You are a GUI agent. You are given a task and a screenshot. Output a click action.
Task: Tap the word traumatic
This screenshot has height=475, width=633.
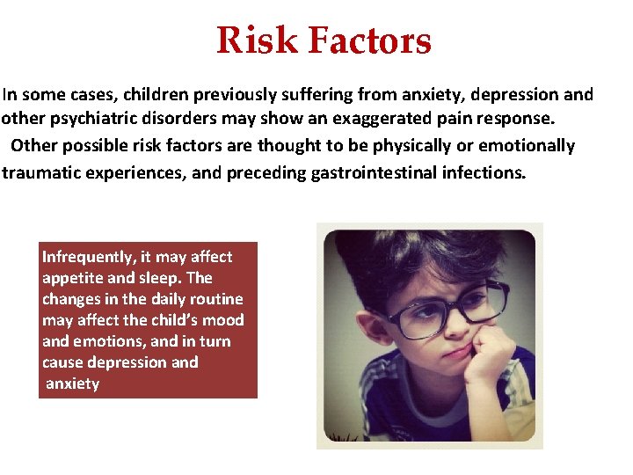[45, 172]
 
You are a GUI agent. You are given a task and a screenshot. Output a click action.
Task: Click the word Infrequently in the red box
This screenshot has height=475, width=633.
[89, 257]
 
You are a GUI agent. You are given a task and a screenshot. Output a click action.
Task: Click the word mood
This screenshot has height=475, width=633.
[223, 320]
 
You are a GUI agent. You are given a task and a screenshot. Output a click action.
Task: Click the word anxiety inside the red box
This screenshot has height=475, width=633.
[72, 384]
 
